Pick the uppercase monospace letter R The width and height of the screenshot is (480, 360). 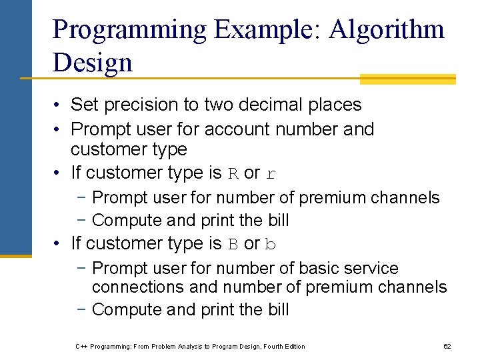coord(233,174)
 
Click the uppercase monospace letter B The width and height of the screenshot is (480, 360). coord(233,245)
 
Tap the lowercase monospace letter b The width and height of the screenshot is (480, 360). coord(270,245)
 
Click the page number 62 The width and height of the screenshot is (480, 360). coord(447,346)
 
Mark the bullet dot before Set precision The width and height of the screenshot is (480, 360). coord(59,105)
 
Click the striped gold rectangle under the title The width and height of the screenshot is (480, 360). coord(407,79)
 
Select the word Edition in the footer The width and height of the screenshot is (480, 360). coord(294,346)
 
